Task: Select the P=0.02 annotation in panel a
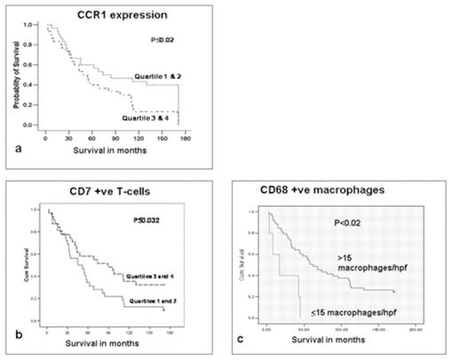[160, 41]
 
